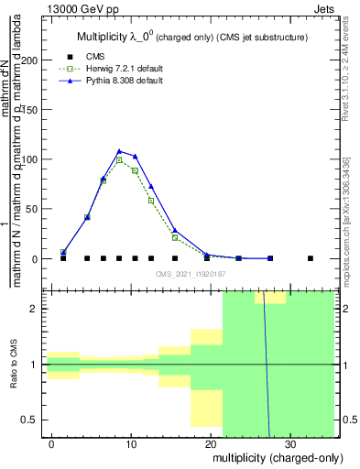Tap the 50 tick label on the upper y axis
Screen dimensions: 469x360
pyautogui.click(x=34, y=209)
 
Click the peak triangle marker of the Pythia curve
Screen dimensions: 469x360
pyautogui.click(x=119, y=151)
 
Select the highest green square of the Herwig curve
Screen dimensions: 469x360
pyautogui.click(x=119, y=160)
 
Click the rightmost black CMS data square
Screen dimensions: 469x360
pyautogui.click(x=311, y=258)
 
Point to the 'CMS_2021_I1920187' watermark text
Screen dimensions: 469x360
pyautogui.click(x=190, y=273)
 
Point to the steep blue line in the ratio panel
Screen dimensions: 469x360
pyautogui.click(x=267, y=366)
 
